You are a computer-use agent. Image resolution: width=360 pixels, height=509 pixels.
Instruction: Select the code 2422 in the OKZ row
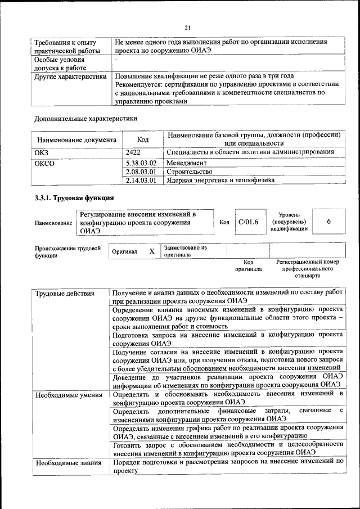(x=133, y=152)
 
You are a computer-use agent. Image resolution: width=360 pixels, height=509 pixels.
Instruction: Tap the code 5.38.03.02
(x=141, y=163)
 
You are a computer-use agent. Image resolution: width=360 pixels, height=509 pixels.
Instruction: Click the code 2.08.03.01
(x=141, y=172)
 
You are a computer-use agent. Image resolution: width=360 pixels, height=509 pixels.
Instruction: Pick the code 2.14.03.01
(x=141, y=181)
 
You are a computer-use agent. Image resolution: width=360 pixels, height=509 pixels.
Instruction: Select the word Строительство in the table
(x=190, y=172)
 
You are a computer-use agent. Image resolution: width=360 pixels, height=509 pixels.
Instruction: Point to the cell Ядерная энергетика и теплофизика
(x=220, y=181)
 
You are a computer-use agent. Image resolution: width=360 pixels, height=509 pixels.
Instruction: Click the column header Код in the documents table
(x=143, y=139)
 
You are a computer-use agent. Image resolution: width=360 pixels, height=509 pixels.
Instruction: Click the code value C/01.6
(x=248, y=222)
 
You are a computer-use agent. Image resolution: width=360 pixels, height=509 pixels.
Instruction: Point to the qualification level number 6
(x=328, y=222)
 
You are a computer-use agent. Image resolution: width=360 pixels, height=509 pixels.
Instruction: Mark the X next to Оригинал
(x=152, y=251)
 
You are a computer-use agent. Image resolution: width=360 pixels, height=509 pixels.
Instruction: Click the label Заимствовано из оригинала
(x=186, y=251)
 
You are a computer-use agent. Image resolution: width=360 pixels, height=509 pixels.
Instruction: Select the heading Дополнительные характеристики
(x=85, y=118)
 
